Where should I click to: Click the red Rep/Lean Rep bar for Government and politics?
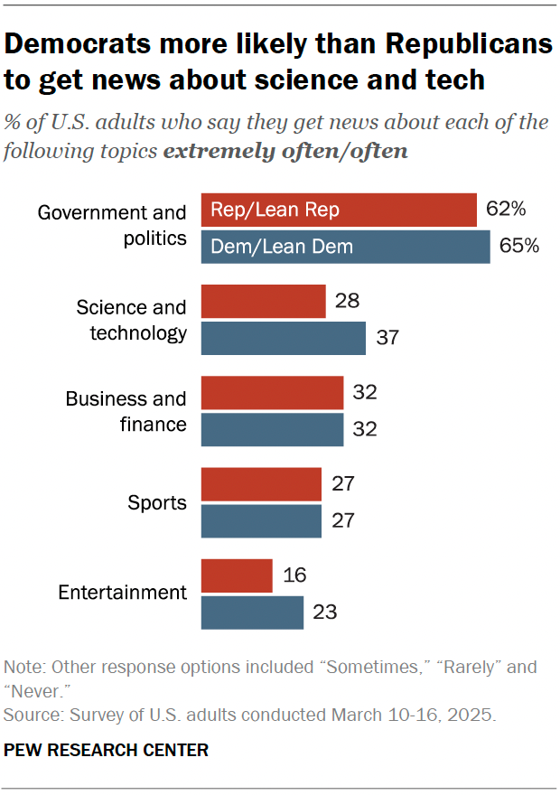coord(338,210)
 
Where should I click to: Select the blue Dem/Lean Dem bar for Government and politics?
coord(345,246)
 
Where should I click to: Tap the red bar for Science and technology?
coord(263,301)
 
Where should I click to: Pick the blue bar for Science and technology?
coord(283,338)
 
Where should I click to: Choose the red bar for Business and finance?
coord(272,393)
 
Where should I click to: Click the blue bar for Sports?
coord(261,521)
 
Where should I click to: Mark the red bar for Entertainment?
coord(237,575)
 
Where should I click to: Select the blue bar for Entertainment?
coord(252,613)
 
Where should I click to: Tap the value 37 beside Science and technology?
coord(387,338)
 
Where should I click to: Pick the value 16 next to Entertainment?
coord(294,575)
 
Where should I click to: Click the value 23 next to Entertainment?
coord(325,613)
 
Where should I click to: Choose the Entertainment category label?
coord(122,594)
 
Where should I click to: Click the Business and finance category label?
coord(126,411)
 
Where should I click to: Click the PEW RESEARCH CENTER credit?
coord(107,750)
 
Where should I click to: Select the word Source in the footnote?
coord(28,715)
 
